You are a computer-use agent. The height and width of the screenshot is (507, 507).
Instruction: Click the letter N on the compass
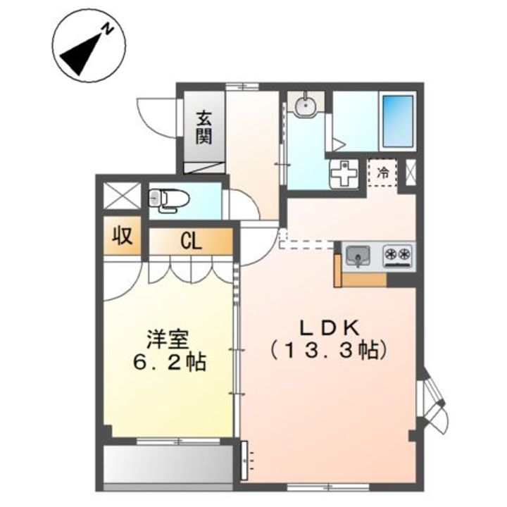click(107, 30)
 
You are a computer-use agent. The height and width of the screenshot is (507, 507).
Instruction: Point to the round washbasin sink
click(305, 106)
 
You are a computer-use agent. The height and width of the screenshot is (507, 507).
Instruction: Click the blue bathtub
click(397, 119)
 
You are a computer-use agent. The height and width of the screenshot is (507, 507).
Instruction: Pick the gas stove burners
click(399, 254)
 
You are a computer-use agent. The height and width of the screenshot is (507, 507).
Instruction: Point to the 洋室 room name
click(167, 339)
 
